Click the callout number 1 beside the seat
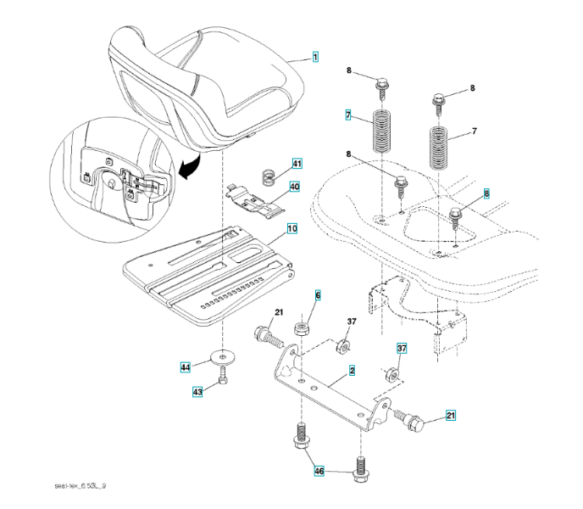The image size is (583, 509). [314, 57]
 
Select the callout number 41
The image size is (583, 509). [297, 163]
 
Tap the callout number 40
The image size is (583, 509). [294, 187]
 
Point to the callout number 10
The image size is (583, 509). [291, 228]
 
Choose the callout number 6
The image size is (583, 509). [318, 295]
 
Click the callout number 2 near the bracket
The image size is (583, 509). [351, 370]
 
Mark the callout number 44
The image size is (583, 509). [185, 367]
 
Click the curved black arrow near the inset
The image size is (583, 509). [187, 167]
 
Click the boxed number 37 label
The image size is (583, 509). [403, 348]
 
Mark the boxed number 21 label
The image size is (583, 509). [450, 415]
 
